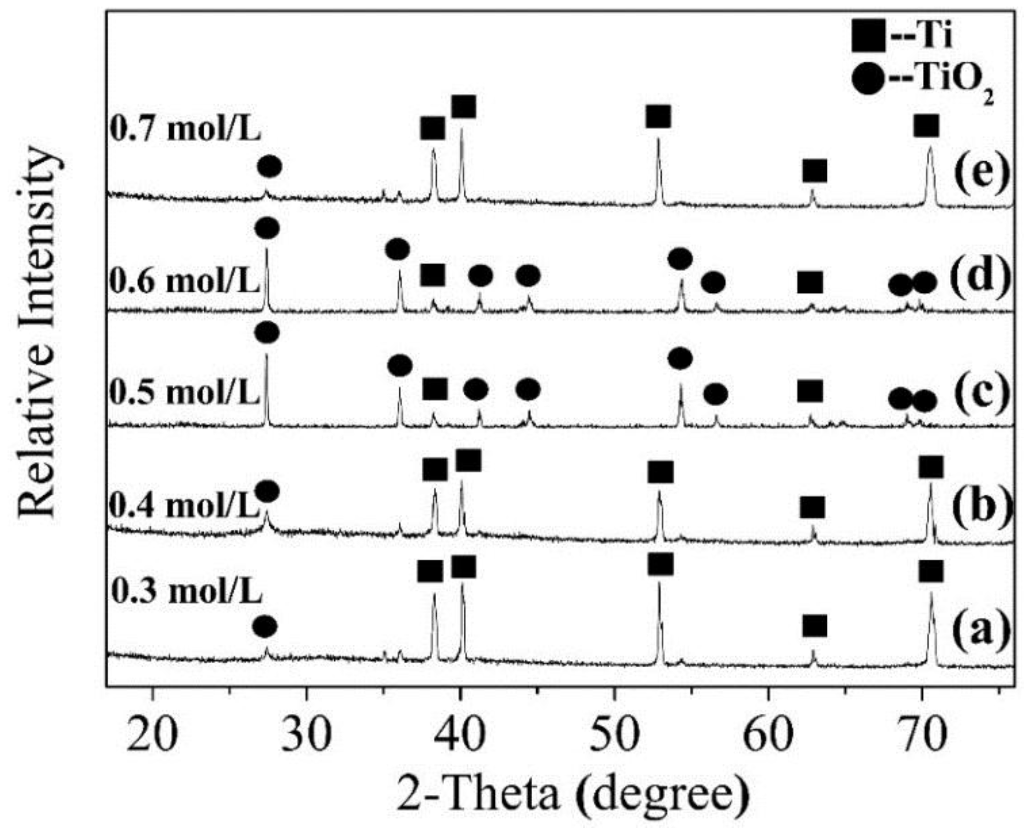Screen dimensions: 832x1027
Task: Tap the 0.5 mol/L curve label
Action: click(184, 393)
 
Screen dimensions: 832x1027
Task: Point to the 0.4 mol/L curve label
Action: click(184, 506)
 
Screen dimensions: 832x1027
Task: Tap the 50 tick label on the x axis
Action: click(613, 733)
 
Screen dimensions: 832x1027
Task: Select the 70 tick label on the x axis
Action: click(921, 733)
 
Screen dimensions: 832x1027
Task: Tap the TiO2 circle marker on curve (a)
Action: click(264, 626)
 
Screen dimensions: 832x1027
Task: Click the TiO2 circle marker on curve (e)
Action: click(269, 166)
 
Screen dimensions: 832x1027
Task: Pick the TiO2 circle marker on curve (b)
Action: click(267, 492)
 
